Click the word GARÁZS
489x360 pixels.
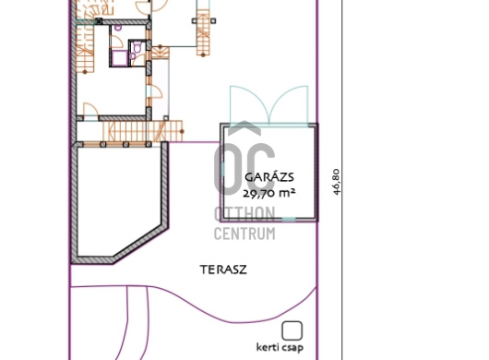(x=269, y=177)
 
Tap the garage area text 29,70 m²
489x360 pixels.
(x=268, y=194)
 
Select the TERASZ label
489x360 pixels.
(x=223, y=270)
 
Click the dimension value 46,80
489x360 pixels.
(x=336, y=182)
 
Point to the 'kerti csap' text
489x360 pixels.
(x=280, y=347)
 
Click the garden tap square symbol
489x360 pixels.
(x=292, y=330)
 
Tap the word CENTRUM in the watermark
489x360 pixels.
(x=244, y=234)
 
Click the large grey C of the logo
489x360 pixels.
(x=258, y=168)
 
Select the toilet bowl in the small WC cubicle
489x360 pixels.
(x=137, y=48)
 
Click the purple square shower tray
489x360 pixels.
(x=120, y=58)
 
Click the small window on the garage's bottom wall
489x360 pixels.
(x=289, y=220)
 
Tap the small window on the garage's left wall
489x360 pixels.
(x=222, y=169)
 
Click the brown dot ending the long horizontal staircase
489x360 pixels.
(x=182, y=131)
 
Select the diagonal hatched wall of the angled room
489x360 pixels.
(x=140, y=243)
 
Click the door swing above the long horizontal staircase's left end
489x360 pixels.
(x=91, y=110)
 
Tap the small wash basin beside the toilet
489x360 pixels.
(x=133, y=56)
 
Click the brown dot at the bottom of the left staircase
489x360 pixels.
(x=85, y=72)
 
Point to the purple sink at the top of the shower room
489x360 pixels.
(x=118, y=28)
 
